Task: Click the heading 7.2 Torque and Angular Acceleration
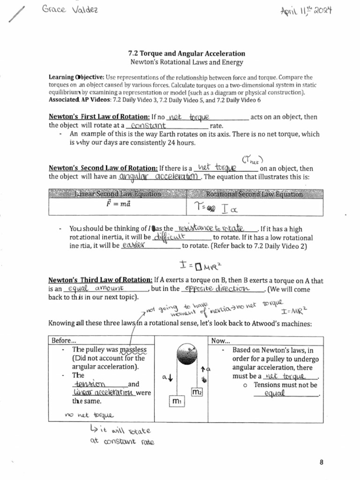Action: tap(187, 54)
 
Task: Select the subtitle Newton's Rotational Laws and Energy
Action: tap(187, 62)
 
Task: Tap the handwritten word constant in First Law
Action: tap(149, 126)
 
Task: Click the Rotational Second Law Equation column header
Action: tap(254, 194)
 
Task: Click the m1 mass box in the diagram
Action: tap(177, 402)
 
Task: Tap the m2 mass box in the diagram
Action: tap(196, 391)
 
